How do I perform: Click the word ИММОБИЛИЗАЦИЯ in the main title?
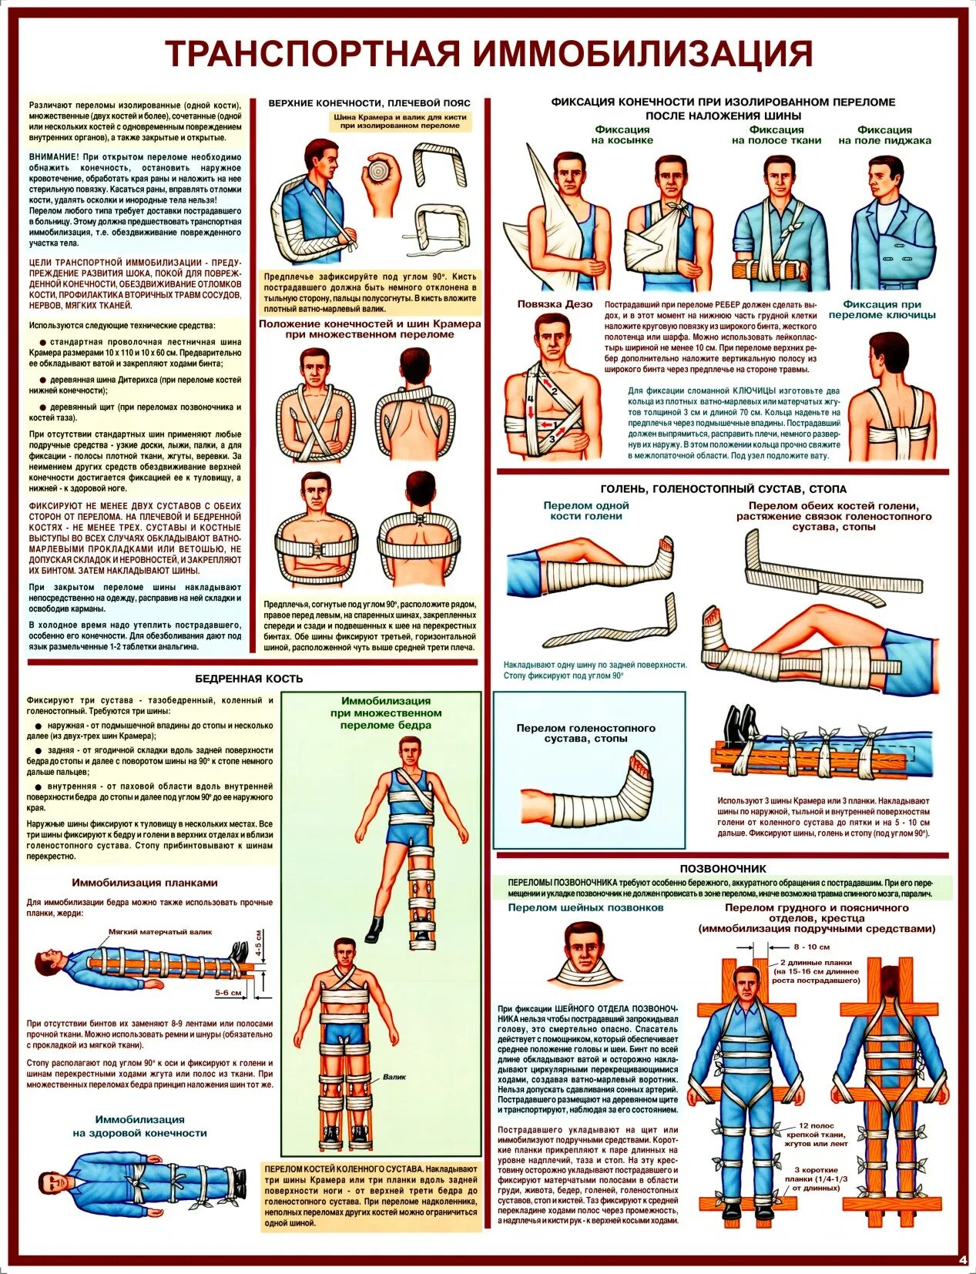[642, 54]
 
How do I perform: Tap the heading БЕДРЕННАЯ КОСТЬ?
[249, 679]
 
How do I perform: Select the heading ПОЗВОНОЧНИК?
[723, 868]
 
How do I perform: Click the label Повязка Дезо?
[555, 304]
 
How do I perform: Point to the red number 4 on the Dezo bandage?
[530, 399]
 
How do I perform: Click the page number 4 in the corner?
[962, 1259]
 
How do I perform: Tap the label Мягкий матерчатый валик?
[159, 931]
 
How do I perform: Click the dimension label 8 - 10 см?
[812, 947]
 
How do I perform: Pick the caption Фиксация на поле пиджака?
[884, 135]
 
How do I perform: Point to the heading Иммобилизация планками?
[145, 883]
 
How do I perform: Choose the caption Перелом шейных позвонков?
[585, 908]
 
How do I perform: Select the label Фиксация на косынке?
[622, 135]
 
